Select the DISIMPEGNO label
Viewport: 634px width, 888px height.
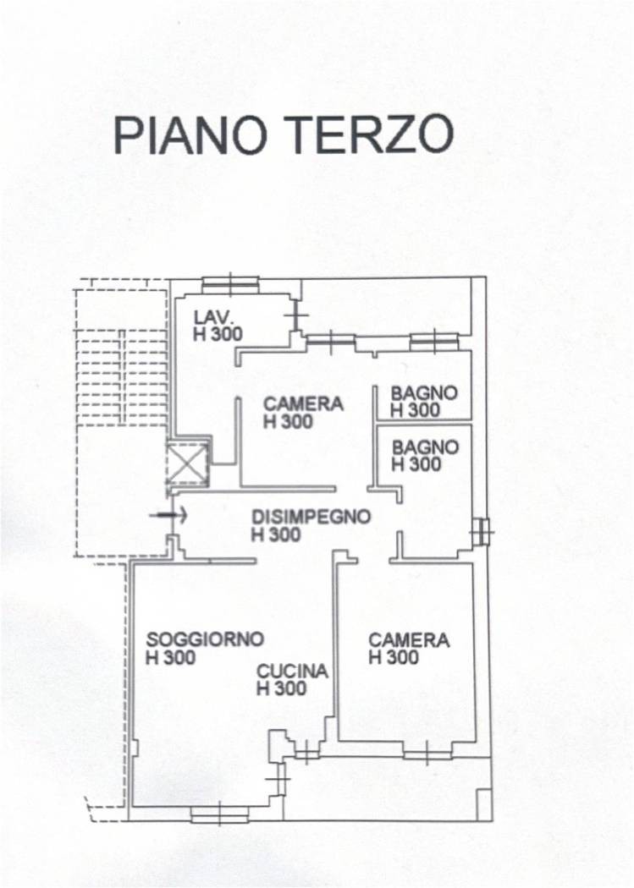[x=311, y=517]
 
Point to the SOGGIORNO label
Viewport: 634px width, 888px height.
[x=205, y=639]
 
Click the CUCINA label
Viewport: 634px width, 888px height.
[x=292, y=671]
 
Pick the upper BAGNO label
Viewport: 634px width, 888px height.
[x=424, y=392]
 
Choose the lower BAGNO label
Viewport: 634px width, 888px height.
[x=425, y=447]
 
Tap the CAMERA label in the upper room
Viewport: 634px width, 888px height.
[x=304, y=403]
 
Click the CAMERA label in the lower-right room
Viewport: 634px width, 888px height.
[x=409, y=640]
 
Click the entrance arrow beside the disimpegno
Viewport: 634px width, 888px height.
[x=168, y=515]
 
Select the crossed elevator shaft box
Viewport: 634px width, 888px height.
[x=188, y=462]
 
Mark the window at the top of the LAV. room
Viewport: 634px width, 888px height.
[x=230, y=282]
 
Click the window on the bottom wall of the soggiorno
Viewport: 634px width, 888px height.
[x=219, y=814]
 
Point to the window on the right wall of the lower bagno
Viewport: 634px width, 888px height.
[x=482, y=532]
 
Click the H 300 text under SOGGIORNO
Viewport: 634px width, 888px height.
[x=170, y=657]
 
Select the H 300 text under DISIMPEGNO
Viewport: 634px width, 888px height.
[x=276, y=534]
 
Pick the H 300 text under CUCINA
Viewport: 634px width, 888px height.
[x=282, y=688]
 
